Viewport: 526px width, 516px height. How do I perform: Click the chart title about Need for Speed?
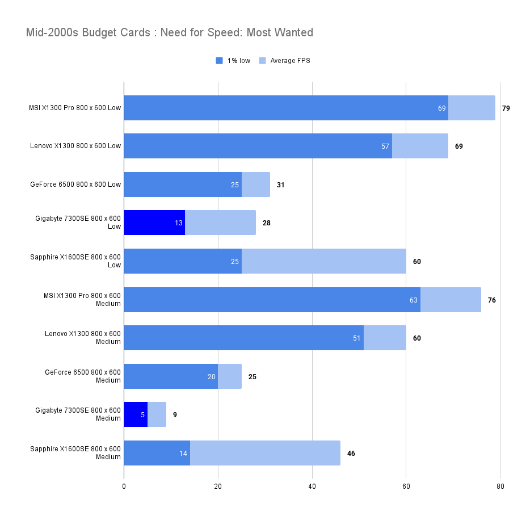pyautogui.click(x=169, y=32)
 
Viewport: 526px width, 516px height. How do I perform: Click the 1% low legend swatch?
pyautogui.click(x=219, y=61)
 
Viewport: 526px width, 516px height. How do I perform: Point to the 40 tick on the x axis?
pyautogui.click(x=312, y=486)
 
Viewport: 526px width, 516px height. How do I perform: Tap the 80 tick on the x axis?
pyautogui.click(x=500, y=486)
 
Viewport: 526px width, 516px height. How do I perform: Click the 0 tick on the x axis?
pyautogui.click(x=124, y=486)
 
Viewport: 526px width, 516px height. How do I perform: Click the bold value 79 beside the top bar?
pyautogui.click(x=506, y=108)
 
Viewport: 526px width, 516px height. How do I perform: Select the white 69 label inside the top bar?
pyautogui.click(x=441, y=108)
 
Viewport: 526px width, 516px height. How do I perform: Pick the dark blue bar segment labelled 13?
pyautogui.click(x=154, y=223)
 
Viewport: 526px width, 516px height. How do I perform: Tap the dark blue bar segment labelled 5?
pyautogui.click(x=135, y=415)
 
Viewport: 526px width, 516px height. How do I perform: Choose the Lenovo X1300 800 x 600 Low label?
pyautogui.click(x=75, y=146)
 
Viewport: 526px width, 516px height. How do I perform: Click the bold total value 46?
pyautogui.click(x=351, y=454)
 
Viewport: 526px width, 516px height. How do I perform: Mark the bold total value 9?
pyautogui.click(x=175, y=415)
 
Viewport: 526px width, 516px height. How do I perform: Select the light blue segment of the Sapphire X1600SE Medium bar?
pyautogui.click(x=265, y=453)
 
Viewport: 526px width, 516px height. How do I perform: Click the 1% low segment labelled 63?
pyautogui.click(x=272, y=300)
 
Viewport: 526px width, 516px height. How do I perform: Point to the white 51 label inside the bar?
pyautogui.click(x=356, y=338)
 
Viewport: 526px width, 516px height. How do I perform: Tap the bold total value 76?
pyautogui.click(x=491, y=300)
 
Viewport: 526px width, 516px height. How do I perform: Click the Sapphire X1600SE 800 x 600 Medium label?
pyautogui.click(x=75, y=453)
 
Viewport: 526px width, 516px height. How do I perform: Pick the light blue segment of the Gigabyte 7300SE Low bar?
pyautogui.click(x=220, y=223)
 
